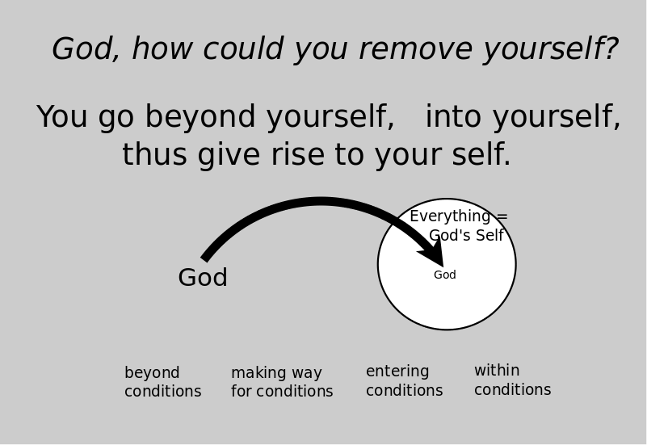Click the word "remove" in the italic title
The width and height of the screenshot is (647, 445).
[x=415, y=49]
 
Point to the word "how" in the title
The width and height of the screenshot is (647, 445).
[x=162, y=48]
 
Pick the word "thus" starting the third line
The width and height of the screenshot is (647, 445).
[x=154, y=154]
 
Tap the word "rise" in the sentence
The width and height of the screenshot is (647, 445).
[x=297, y=154]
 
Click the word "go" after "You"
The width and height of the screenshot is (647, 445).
[x=116, y=120]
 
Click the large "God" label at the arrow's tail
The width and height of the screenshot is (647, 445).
[x=203, y=277]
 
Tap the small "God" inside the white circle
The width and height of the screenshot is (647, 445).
[x=445, y=275]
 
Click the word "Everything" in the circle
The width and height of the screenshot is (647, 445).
[x=450, y=217]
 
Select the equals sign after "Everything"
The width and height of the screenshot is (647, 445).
[x=502, y=216]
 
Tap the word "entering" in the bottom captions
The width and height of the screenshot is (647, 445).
[x=397, y=372]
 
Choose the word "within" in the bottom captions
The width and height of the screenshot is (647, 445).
[x=497, y=370]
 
